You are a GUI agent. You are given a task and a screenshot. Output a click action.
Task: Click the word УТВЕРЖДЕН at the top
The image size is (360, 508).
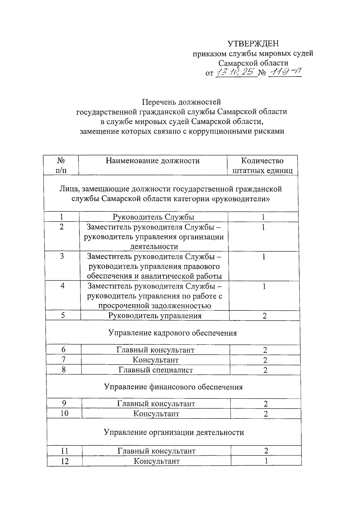tap(253, 44)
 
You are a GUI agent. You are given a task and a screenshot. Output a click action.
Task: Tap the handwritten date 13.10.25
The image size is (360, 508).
tap(236, 72)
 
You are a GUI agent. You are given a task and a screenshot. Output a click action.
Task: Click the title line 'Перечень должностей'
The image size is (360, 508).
tap(181, 102)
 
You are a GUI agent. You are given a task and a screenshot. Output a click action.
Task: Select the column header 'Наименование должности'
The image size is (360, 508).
tap(152, 161)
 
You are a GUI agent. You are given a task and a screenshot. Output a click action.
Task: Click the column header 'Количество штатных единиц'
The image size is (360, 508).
tap(262, 166)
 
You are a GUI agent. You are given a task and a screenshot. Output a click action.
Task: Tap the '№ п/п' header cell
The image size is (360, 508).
tap(61, 166)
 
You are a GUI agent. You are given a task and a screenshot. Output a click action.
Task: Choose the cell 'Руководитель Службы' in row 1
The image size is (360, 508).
tap(153, 217)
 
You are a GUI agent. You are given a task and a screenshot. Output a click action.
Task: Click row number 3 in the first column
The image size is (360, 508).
tap(62, 256)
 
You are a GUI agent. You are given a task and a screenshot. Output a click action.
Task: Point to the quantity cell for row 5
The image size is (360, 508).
tap(264, 316)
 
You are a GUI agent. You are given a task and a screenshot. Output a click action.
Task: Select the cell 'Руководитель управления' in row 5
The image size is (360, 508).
tap(155, 316)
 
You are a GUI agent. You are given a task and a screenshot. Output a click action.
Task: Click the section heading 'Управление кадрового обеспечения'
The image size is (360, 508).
tap(172, 333)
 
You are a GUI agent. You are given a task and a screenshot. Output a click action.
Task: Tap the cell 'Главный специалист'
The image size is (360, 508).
tap(156, 370)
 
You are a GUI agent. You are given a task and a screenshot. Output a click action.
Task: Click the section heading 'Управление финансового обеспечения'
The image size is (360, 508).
tap(173, 387)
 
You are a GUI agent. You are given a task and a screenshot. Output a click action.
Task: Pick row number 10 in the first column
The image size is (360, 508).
tap(64, 414)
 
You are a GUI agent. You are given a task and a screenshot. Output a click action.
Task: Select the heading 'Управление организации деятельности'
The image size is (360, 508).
tap(174, 432)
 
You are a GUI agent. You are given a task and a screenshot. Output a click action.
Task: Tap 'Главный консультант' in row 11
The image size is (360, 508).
tap(156, 451)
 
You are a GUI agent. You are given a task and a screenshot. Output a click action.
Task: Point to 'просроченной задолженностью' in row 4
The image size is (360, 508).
tap(154, 306)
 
